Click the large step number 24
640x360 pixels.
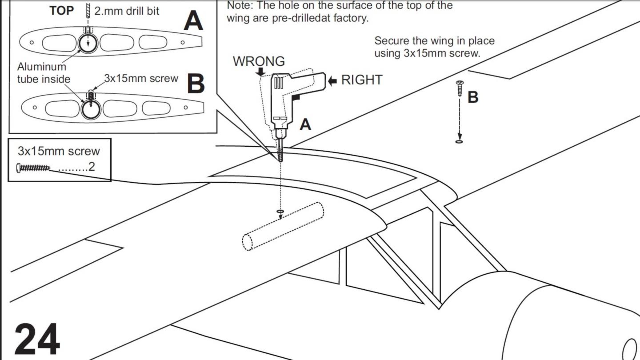(x=37, y=339)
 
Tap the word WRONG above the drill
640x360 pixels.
(x=259, y=61)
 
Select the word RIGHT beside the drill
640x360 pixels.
(x=361, y=80)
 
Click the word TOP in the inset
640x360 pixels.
(x=62, y=11)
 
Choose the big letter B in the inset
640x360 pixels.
(x=196, y=83)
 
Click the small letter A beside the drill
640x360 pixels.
(x=305, y=124)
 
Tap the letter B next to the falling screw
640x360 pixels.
(x=473, y=97)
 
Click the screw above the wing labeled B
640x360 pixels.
(x=460, y=88)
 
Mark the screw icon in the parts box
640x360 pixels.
(x=33, y=168)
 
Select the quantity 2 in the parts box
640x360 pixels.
(x=92, y=167)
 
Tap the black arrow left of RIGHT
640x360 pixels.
(x=332, y=80)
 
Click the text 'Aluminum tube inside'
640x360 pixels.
(x=43, y=73)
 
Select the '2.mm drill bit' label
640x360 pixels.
(x=127, y=11)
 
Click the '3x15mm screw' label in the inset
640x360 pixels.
(x=141, y=78)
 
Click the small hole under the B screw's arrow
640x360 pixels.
(x=460, y=142)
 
